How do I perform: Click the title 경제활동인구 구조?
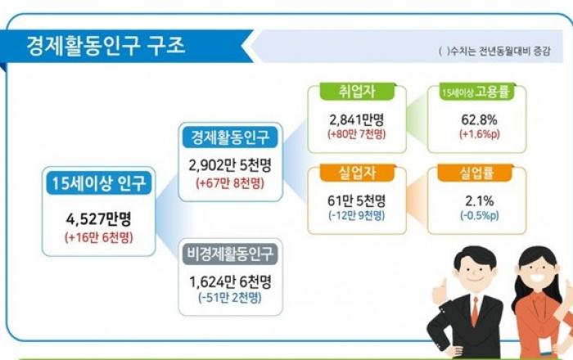click(106, 46)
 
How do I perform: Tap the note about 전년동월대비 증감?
click(494, 51)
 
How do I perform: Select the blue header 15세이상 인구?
click(99, 183)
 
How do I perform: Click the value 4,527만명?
click(99, 219)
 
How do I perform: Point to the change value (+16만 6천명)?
click(99, 238)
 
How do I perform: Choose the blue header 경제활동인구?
click(230, 137)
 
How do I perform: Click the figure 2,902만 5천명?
click(230, 165)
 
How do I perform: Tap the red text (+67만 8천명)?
click(230, 183)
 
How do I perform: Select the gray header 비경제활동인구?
click(230, 254)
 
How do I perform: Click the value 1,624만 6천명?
click(230, 281)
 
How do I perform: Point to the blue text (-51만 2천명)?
click(230, 298)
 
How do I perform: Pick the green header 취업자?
click(357, 92)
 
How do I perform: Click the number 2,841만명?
click(357, 119)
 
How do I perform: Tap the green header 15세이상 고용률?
click(476, 92)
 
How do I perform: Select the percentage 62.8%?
click(479, 119)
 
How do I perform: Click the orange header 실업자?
click(357, 173)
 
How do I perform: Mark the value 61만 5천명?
click(357, 200)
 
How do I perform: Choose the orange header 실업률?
click(476, 173)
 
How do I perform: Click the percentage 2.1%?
click(480, 200)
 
